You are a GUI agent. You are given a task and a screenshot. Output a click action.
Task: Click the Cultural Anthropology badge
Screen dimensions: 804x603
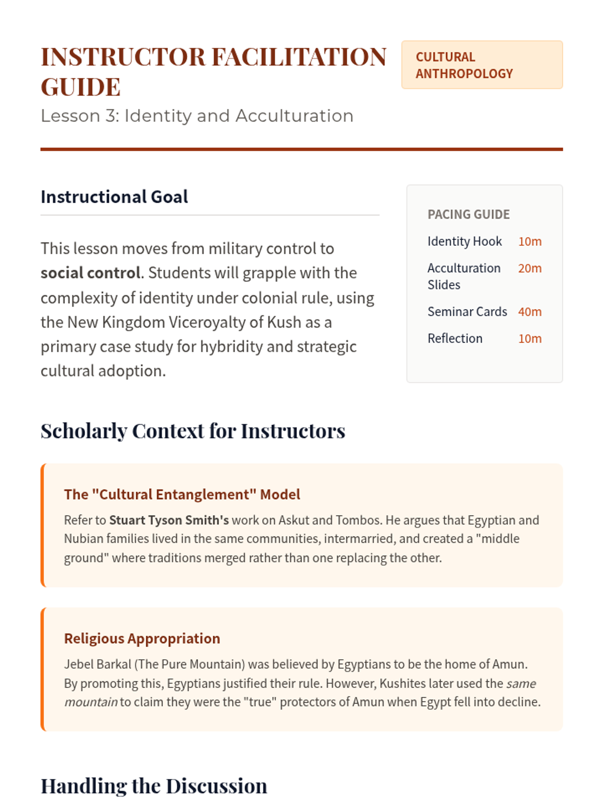coord(481,65)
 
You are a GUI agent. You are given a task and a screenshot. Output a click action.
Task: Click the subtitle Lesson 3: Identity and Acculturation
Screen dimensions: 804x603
coord(197,116)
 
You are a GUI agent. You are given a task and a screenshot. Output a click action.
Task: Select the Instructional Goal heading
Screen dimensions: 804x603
coord(114,196)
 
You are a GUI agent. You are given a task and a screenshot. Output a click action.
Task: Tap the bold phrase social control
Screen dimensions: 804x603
coord(90,273)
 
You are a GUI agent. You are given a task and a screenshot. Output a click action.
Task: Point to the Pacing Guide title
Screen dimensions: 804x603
coord(468,215)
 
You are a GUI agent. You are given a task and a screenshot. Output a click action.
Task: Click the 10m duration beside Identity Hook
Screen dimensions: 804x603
coord(530,242)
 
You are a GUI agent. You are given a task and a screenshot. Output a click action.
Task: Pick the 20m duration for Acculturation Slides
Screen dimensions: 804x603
coord(530,268)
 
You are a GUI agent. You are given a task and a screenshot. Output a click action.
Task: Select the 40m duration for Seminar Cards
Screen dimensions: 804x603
coord(530,312)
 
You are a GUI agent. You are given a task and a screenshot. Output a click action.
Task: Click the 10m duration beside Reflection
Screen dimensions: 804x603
coord(530,339)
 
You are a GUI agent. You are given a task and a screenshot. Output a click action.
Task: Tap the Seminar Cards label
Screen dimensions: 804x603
coord(467,312)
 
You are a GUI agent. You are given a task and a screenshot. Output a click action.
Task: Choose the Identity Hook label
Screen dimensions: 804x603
coord(464,242)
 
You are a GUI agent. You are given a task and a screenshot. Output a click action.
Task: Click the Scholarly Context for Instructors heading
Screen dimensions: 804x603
coord(192,431)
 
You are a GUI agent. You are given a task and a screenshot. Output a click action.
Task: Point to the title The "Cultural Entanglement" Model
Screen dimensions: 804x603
coord(182,494)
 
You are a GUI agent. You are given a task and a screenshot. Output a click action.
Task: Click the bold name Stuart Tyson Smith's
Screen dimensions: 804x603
coord(169,520)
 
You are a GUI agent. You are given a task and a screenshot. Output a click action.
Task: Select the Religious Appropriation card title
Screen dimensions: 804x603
coord(142,639)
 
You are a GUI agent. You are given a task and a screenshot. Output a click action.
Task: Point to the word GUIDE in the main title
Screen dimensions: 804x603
coord(80,87)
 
